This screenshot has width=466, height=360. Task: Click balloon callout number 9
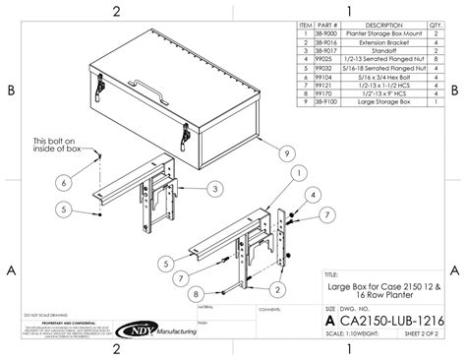pos(286,152)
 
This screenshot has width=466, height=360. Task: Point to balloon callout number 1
pos(296,173)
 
